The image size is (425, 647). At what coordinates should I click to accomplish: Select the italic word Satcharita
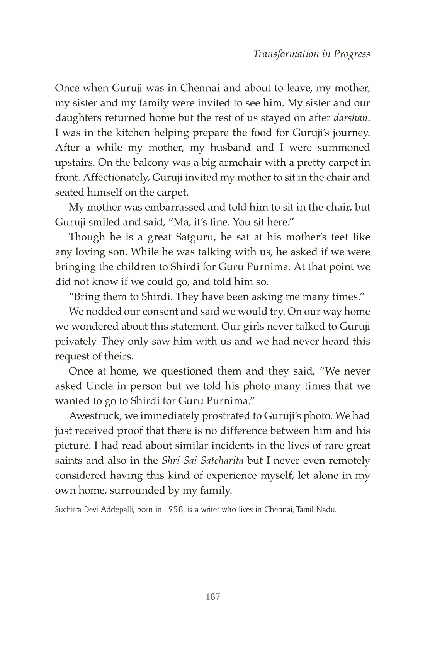tap(224, 461)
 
